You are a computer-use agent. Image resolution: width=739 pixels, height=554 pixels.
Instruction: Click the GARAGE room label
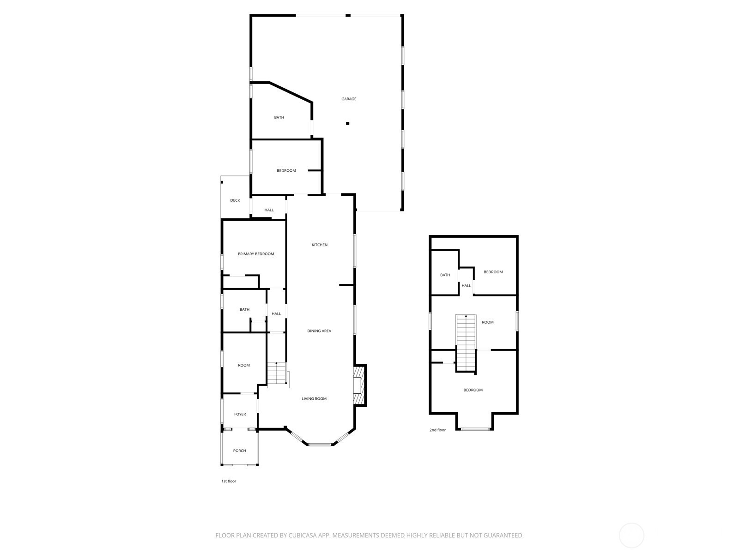[348, 99]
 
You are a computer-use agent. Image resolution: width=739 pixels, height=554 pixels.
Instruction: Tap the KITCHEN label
[319, 245]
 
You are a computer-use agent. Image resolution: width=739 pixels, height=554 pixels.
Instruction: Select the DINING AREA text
[319, 331]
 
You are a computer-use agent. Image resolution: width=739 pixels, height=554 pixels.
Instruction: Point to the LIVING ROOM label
[314, 398]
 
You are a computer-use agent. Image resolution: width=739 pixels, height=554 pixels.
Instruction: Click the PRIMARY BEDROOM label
[255, 254]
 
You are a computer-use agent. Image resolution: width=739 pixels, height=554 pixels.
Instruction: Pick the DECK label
[235, 200]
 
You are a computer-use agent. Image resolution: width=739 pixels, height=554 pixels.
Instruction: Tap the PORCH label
[239, 451]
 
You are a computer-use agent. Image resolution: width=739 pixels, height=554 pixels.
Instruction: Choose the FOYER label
[240, 414]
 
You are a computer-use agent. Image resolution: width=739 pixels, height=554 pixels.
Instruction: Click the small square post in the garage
[347, 123]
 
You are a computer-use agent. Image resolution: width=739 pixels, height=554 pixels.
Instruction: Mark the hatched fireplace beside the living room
[360, 385]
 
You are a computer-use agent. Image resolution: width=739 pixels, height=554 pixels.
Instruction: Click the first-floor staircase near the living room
[278, 375]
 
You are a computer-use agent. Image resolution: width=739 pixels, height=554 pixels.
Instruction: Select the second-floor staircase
[466, 343]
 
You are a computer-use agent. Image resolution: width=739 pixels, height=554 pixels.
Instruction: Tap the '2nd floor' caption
[437, 430]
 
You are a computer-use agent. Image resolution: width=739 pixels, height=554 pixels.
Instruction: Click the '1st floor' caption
[229, 481]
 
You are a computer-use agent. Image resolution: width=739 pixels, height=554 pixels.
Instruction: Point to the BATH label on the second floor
[445, 275]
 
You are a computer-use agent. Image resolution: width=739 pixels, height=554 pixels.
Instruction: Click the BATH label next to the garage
[279, 117]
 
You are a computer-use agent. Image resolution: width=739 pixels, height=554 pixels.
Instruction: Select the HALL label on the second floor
[466, 286]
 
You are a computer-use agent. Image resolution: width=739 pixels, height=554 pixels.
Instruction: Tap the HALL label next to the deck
[269, 210]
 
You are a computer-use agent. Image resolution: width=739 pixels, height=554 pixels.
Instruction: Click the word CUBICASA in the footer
[303, 535]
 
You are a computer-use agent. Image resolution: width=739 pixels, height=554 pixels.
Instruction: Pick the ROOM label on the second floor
[487, 322]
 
